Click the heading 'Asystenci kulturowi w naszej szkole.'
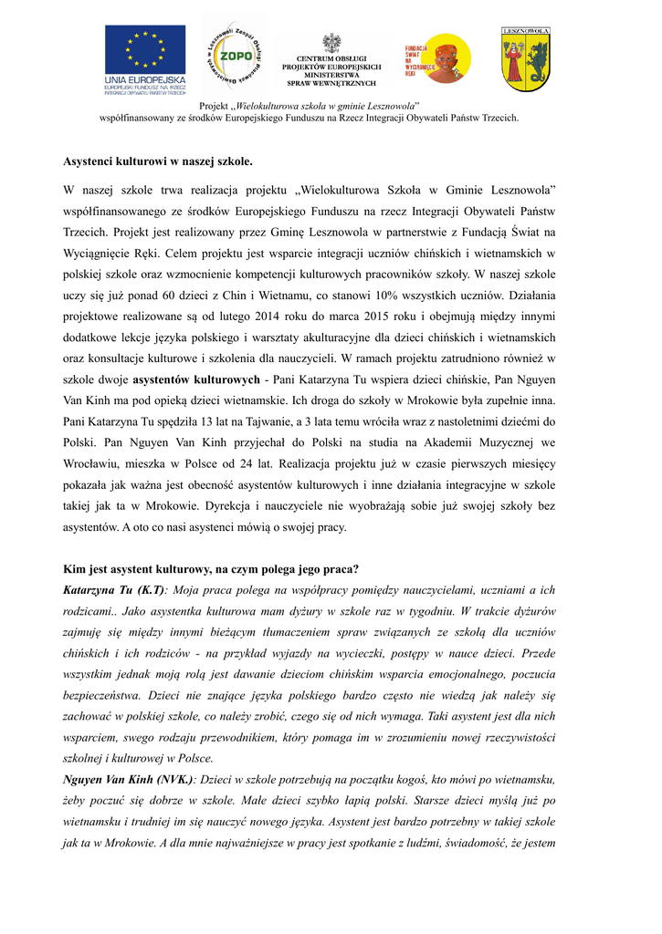click(x=157, y=161)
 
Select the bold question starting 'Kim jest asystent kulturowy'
click(x=211, y=568)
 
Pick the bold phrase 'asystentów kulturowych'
click(x=196, y=379)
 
